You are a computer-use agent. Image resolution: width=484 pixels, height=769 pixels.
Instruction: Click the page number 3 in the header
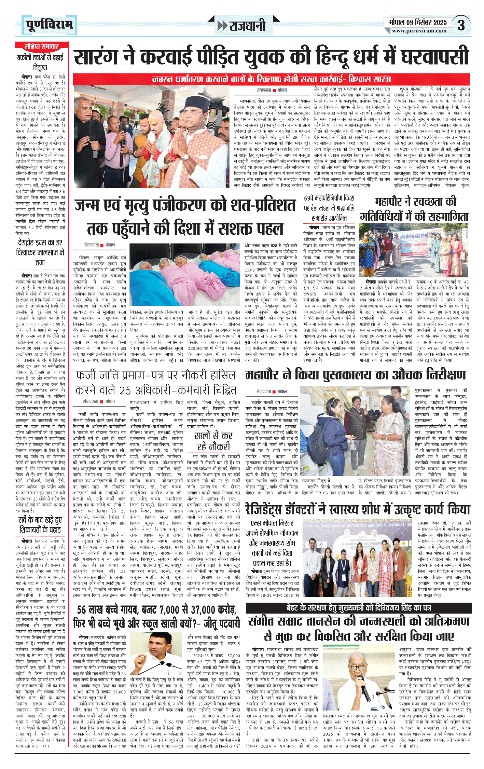461,25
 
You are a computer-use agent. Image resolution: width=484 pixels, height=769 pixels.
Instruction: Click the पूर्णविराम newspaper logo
49,25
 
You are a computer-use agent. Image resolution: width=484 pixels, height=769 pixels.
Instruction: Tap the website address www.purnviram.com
419,31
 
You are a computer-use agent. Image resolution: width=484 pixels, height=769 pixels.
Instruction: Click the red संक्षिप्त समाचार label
41,46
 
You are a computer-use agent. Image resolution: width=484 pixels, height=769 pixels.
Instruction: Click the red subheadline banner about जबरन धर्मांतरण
272,79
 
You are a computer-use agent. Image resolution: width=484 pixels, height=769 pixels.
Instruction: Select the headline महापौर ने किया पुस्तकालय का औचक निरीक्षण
355,375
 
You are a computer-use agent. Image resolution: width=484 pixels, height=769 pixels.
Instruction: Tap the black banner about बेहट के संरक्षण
358,608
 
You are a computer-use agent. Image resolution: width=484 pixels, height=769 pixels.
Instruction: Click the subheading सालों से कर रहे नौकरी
213,441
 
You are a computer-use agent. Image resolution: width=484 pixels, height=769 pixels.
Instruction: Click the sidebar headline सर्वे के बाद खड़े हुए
40,525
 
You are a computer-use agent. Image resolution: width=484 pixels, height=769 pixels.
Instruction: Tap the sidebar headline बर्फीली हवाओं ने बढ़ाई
40,62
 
